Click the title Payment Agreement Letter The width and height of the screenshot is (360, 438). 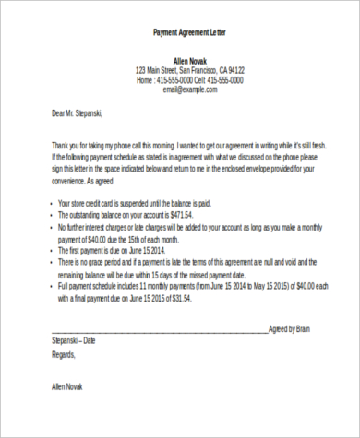tap(188, 32)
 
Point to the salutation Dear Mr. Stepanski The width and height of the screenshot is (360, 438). tap(78, 113)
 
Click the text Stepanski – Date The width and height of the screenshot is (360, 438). tap(74, 340)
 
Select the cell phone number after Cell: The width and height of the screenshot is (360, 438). tap(225, 80)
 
